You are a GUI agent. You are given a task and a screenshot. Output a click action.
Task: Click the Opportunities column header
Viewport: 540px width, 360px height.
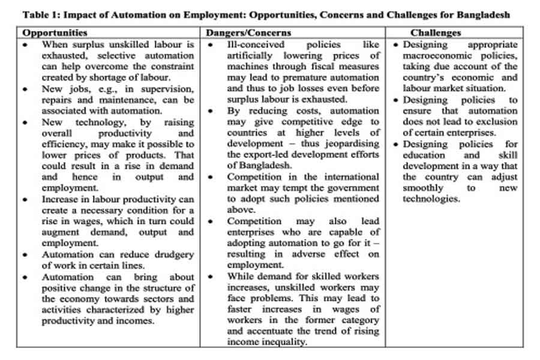(55, 33)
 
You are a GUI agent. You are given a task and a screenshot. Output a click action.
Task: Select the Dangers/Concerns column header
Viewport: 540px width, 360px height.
(248, 33)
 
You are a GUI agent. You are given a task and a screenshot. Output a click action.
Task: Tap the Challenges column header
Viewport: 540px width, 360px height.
(436, 33)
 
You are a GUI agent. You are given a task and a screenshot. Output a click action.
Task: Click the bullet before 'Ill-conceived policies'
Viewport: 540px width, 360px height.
(210, 45)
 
